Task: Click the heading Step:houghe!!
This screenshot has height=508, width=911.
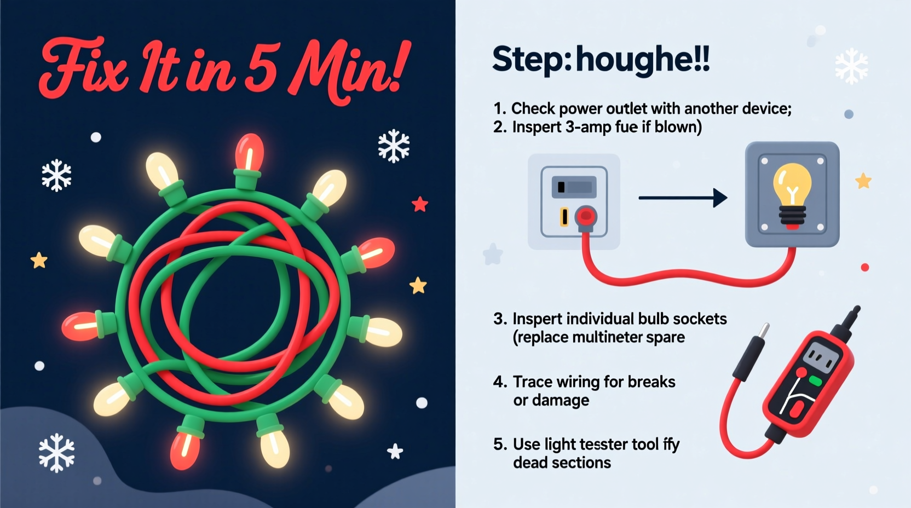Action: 601,59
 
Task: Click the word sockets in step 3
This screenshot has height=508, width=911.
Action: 699,319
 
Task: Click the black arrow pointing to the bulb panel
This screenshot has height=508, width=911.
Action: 683,198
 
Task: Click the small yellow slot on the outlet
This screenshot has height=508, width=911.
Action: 564,217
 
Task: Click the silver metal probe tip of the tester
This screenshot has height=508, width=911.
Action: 762,331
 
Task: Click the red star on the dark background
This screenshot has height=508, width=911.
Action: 420,204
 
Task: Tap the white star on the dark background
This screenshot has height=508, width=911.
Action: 395,452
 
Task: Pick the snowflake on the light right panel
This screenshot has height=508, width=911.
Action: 851,66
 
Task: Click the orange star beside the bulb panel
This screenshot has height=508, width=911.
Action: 863,181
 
